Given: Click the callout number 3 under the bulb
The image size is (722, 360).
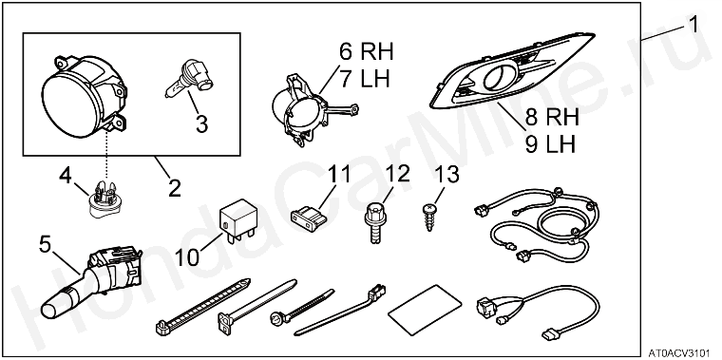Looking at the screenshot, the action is click(x=201, y=123).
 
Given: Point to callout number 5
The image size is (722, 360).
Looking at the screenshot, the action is click(x=45, y=245).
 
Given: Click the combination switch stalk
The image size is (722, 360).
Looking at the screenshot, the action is click(x=90, y=282).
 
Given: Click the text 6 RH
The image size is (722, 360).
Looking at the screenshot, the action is click(x=366, y=52).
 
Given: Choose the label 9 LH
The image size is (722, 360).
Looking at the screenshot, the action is click(x=550, y=145).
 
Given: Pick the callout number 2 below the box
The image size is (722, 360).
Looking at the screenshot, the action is click(x=175, y=188).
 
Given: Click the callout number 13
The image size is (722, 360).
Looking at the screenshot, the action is click(x=446, y=176).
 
